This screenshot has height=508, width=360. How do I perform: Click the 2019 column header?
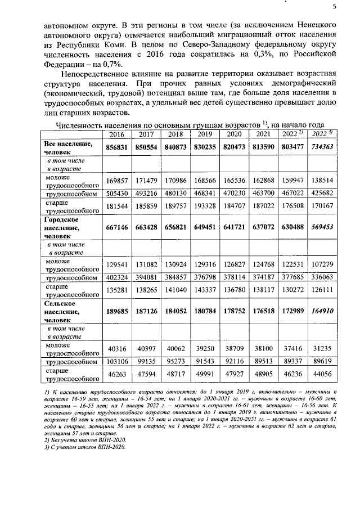click(x=204, y=134)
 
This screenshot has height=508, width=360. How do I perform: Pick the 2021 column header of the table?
click(x=263, y=134)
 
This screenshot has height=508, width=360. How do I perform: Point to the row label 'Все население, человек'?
click(x=68, y=147)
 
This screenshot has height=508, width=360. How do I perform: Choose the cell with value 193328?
click(x=204, y=206)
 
